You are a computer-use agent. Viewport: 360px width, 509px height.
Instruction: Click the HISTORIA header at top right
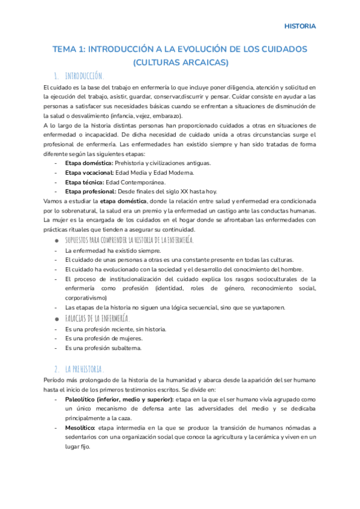pyautogui.click(x=300, y=26)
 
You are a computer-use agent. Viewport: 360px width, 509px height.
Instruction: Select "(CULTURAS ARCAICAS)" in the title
pyautogui.click(x=180, y=62)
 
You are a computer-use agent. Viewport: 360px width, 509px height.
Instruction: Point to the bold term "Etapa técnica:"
pyautogui.click(x=84, y=182)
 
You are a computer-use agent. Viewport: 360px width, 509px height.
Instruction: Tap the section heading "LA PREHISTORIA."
pyautogui.click(x=85, y=369)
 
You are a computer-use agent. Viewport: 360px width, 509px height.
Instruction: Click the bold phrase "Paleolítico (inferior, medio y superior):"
pyautogui.click(x=119, y=399)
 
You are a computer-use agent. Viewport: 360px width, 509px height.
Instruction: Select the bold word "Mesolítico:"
pyautogui.click(x=83, y=428)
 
